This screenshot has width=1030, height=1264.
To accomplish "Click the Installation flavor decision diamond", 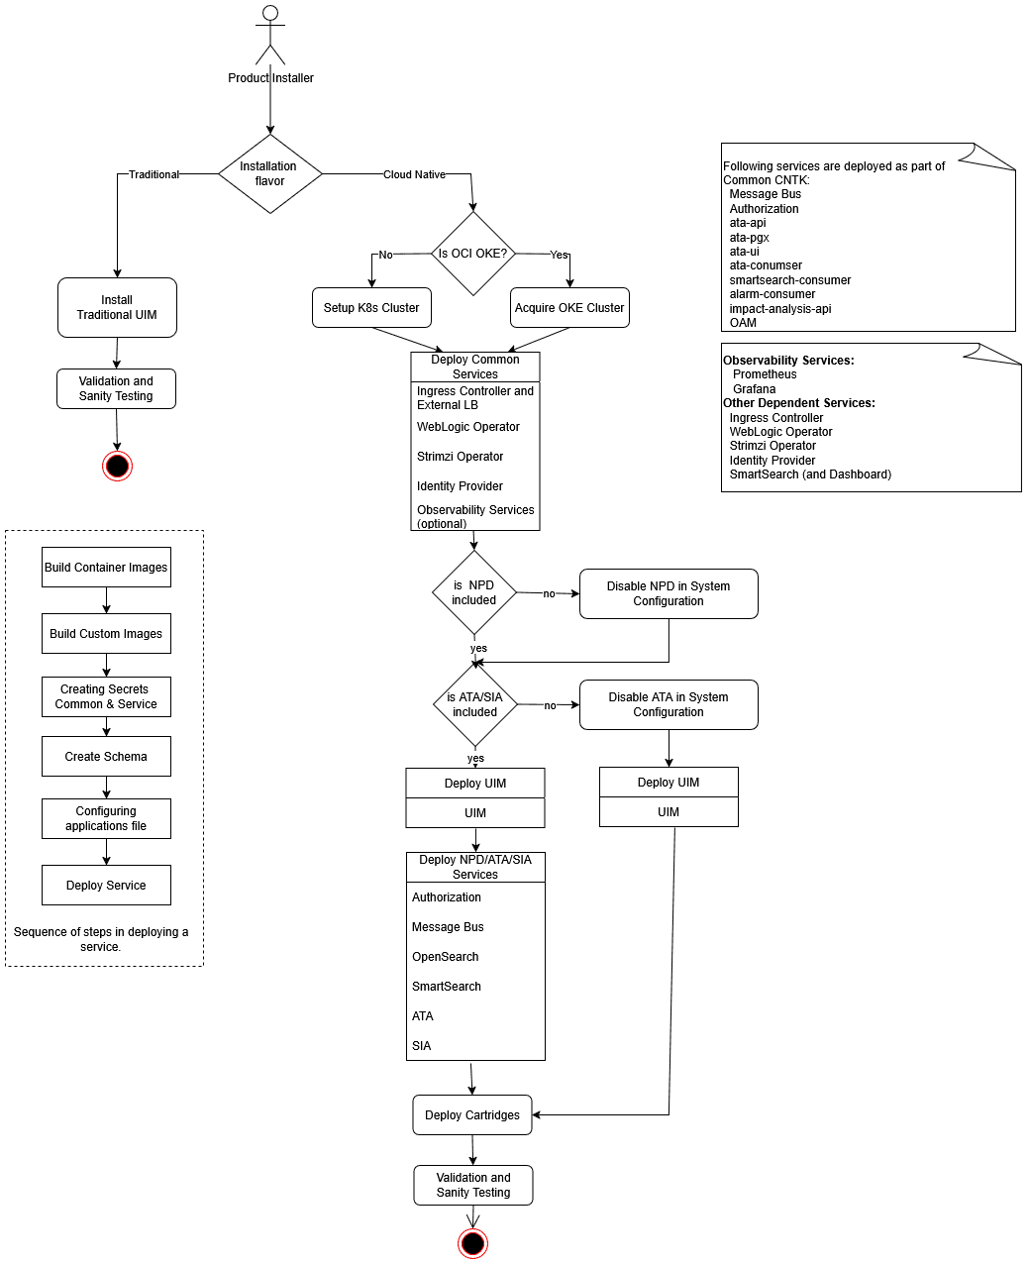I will [x=269, y=174].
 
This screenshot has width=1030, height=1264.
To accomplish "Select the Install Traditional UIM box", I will [x=117, y=307].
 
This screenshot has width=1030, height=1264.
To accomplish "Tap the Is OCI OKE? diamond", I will [x=473, y=254].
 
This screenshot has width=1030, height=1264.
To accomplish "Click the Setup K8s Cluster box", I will [x=371, y=308].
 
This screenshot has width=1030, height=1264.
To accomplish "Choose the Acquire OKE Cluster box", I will [x=569, y=308].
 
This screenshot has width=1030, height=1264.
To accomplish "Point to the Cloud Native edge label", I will [x=414, y=174].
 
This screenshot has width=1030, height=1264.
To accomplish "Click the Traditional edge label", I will [x=154, y=174].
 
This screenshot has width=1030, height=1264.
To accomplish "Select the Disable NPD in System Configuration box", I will [x=669, y=593].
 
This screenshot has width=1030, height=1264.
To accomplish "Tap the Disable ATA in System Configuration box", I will [x=669, y=704].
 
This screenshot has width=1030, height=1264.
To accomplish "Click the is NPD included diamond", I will [x=474, y=592].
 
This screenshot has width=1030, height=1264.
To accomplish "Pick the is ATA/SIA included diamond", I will [x=475, y=704].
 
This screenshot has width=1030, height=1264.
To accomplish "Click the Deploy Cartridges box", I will [x=472, y=1115].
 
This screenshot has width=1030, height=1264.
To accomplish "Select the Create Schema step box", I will [x=106, y=757].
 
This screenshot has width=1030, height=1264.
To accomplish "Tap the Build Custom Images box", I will [x=106, y=634].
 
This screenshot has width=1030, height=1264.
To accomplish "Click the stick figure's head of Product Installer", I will [x=269, y=13].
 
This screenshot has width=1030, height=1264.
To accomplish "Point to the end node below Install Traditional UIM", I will [x=117, y=466].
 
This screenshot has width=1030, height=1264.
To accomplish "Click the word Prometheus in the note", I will [x=765, y=374].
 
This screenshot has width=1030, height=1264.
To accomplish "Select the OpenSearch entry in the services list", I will [x=446, y=957].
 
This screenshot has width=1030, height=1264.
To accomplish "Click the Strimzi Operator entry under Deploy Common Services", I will [x=461, y=457].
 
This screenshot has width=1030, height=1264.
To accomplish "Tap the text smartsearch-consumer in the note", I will [x=790, y=280].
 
